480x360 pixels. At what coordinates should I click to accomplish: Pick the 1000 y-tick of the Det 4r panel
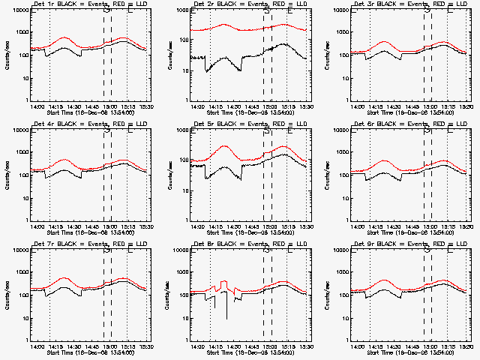click(x=19, y=152)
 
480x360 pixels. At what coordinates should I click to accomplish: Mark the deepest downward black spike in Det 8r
click(x=227, y=319)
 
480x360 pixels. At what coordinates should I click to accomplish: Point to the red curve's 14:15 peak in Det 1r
click(x=64, y=37)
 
